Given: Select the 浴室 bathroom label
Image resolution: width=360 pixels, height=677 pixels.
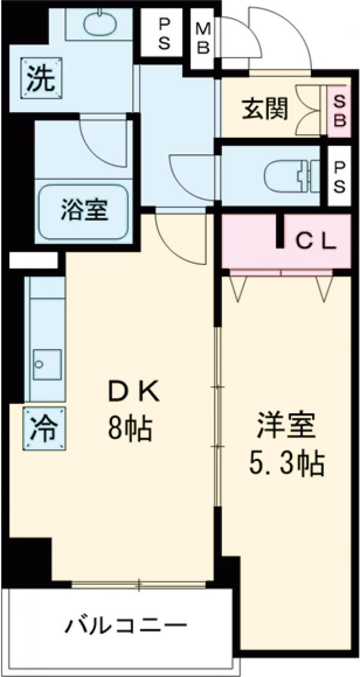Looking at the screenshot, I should point(83,210).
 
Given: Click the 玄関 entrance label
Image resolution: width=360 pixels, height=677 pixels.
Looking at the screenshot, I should point(265,109).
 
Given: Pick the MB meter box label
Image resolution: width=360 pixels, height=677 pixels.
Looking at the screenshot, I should point(203,40).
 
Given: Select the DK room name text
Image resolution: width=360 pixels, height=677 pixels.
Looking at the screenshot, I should point(133,393).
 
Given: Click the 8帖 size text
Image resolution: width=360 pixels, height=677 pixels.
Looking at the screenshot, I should point(130,428).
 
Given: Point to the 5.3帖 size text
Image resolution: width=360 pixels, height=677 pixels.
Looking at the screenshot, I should point(287,463).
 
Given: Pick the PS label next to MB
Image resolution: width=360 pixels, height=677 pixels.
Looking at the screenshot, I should point(164,34).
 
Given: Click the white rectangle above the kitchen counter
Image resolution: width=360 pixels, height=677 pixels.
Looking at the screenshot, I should point(34,260).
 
